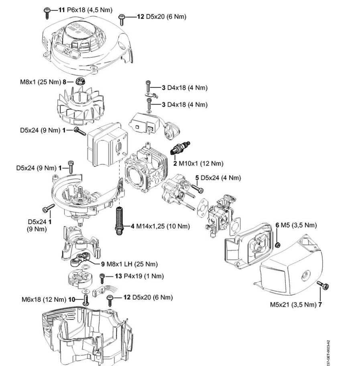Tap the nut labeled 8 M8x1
80,82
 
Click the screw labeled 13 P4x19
103,277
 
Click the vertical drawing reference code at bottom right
329,349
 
